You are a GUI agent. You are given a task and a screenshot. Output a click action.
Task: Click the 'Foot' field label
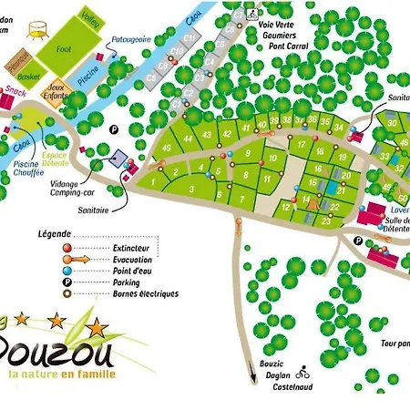tap(63, 49)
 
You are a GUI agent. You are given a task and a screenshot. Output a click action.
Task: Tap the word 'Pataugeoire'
tap(128, 38)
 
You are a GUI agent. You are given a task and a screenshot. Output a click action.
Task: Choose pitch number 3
tap(192, 188)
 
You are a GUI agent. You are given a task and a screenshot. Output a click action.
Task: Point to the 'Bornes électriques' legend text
tap(141, 293)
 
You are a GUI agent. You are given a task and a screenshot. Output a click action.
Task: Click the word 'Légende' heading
tap(54, 234)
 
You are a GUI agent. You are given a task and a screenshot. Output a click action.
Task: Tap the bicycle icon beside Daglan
tap(304, 374)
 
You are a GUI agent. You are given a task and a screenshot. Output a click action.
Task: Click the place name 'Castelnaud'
tap(294, 387)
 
